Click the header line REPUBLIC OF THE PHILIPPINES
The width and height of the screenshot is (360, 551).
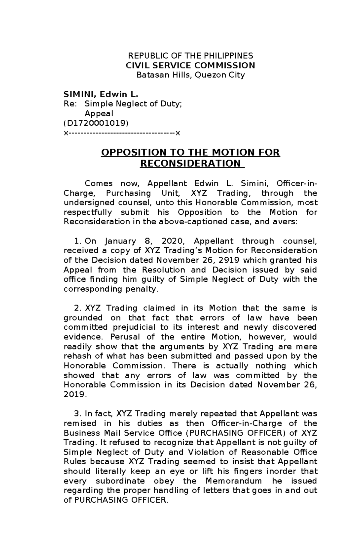(190, 56)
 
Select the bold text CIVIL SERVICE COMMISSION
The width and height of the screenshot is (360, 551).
(190, 65)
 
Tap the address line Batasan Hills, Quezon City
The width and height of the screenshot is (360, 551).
(190, 75)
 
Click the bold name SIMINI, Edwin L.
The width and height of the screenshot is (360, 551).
(101, 95)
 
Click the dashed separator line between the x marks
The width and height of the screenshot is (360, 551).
(121, 133)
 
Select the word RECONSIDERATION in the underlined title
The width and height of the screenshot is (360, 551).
(190, 164)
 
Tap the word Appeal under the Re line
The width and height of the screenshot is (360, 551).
(99, 114)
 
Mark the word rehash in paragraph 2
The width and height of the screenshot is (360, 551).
(77, 356)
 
